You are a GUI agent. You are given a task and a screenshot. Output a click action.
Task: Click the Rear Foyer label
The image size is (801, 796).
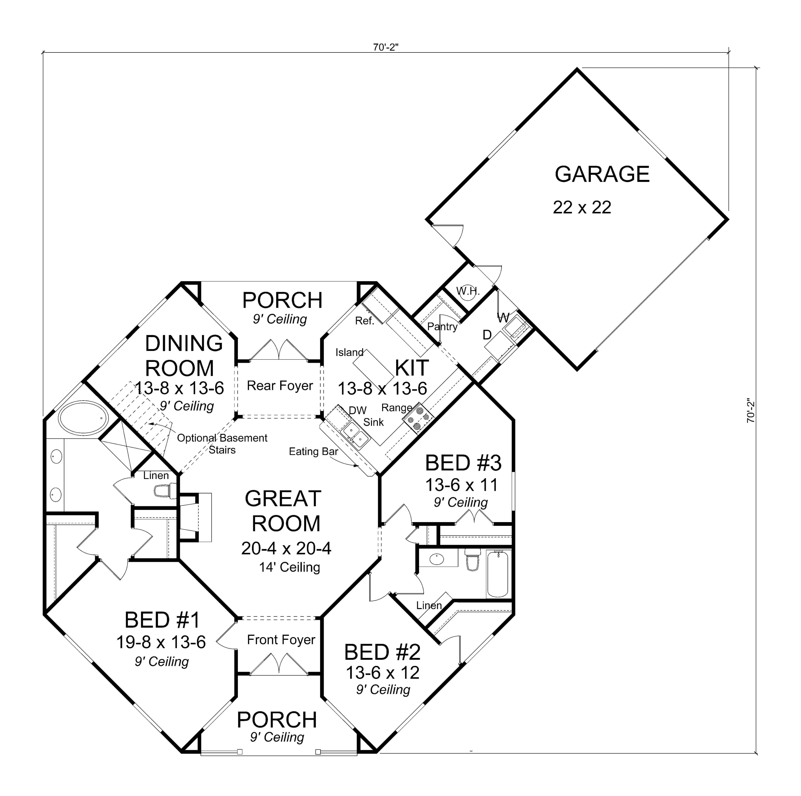coord(280,386)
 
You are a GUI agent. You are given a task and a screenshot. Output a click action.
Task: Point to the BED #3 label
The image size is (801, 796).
coord(463,463)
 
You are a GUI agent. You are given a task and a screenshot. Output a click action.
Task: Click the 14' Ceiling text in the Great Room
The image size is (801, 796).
coord(289,567)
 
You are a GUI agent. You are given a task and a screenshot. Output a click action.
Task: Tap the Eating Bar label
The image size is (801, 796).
coord(314,451)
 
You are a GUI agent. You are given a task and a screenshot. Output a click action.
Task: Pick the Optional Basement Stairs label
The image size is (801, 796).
coord(222,444)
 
